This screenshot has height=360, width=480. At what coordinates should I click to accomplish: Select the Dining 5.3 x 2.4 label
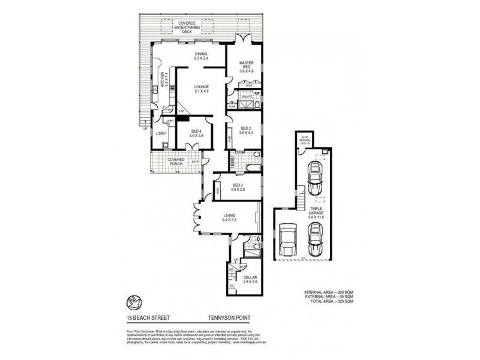coord(200,56)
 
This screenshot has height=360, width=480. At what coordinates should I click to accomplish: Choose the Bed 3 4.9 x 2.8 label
coord(237,187)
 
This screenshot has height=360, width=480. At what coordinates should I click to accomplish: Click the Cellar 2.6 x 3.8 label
coord(250,278)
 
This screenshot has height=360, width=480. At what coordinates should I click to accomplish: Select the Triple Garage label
coord(317,212)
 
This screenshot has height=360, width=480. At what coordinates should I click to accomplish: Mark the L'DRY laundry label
coord(160,133)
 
